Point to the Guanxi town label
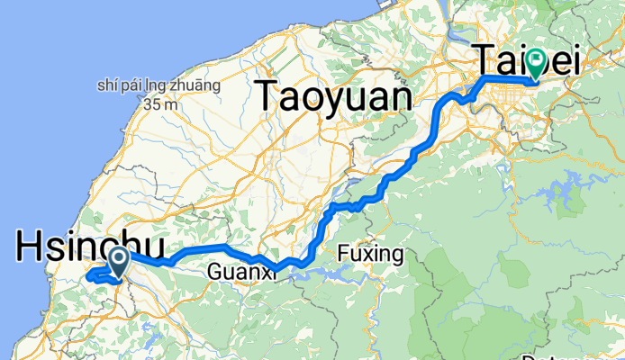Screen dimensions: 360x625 [238, 271]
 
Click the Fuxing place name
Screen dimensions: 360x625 [371, 254]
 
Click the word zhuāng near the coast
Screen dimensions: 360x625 [196, 87]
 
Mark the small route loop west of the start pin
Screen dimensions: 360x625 [95, 274]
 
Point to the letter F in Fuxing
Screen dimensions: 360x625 [343, 254]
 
